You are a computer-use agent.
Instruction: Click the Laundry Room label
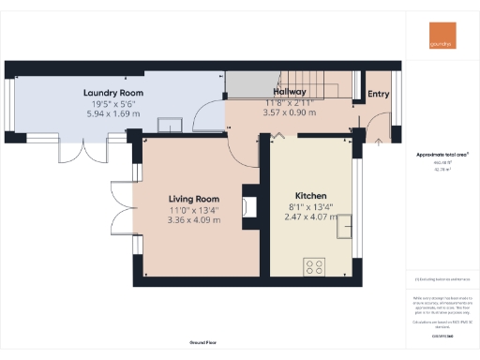click(x=112, y=93)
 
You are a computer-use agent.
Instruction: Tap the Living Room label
click(x=193, y=199)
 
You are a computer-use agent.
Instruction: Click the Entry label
click(x=378, y=93)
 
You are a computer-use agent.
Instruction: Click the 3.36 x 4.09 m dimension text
click(x=193, y=220)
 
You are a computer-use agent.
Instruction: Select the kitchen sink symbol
click(x=344, y=226)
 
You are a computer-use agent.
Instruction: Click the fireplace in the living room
click(x=248, y=205)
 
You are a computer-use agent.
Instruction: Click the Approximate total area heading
click(x=442, y=153)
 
